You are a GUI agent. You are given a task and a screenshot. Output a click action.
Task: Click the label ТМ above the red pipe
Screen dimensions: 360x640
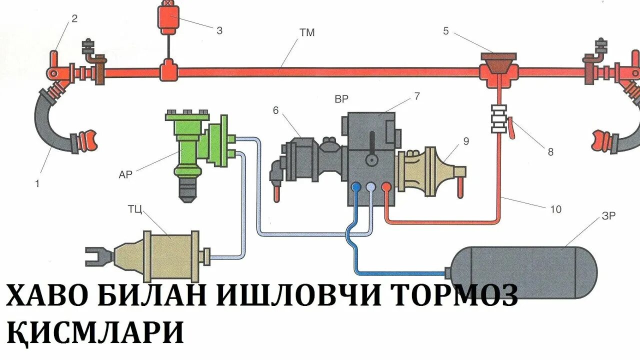[x=307, y=33]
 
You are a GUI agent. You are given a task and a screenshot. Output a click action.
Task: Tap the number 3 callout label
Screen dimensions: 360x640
[x=219, y=30]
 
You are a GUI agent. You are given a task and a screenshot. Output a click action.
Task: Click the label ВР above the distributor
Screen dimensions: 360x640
[x=341, y=99]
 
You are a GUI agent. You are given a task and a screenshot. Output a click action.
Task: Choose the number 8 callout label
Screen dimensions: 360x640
[x=550, y=152]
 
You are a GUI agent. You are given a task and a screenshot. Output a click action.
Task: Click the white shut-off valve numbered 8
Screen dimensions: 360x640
[x=499, y=118]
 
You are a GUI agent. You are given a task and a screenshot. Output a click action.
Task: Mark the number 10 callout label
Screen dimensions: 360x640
[x=555, y=209]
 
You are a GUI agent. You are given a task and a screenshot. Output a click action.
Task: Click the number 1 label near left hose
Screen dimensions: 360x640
[x=37, y=183]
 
